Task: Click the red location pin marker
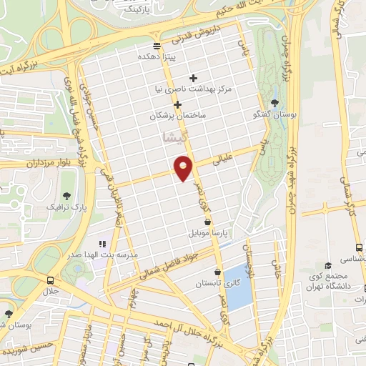(184, 167)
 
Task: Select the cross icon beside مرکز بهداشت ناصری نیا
(193, 78)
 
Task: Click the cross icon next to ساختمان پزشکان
(178, 104)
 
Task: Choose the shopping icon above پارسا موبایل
(207, 222)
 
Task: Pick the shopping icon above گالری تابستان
(217, 272)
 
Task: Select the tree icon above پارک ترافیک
(67, 195)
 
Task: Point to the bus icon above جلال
(50, 280)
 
